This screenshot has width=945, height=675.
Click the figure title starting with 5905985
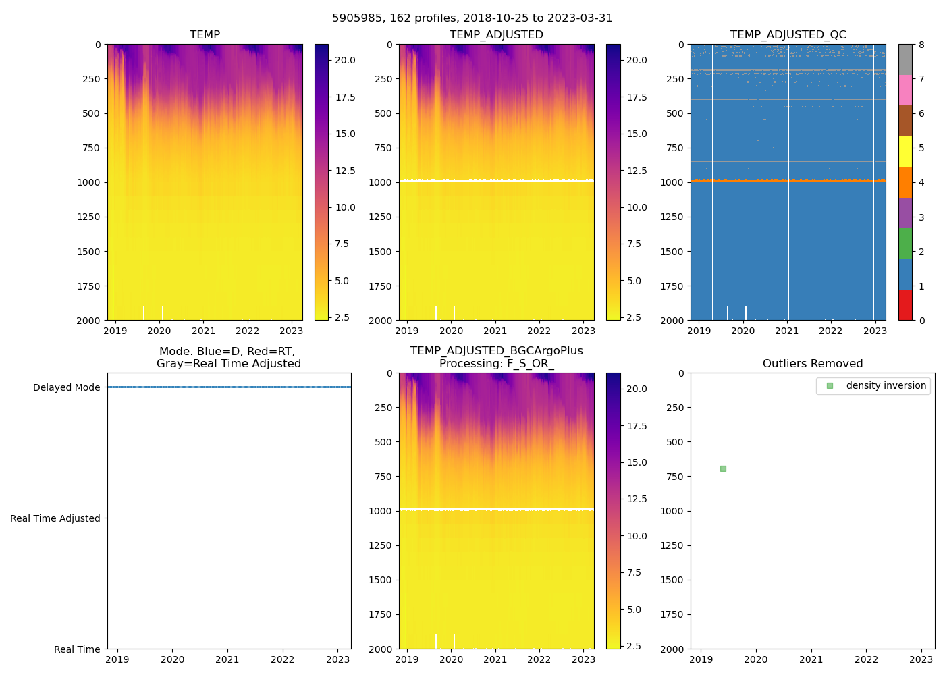[x=472, y=18]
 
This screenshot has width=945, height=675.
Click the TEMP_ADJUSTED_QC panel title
[x=788, y=35]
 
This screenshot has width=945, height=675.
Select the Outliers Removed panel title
[x=812, y=364]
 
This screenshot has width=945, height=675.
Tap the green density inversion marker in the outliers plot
[x=723, y=468]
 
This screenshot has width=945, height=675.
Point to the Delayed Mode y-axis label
[x=66, y=387]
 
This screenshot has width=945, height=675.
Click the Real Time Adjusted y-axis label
[x=55, y=518]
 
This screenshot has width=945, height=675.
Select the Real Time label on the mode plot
[x=77, y=649]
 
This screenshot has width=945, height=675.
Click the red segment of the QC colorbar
[x=905, y=305]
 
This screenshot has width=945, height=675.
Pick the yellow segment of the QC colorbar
[x=905, y=152]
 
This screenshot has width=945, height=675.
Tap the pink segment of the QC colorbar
[x=905, y=90]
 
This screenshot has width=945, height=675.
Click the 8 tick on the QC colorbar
[x=921, y=45]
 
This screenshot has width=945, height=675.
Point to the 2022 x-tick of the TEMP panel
[x=247, y=331]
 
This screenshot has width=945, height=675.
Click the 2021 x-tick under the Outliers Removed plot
[x=811, y=659]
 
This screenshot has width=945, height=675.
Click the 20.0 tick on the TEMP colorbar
[x=346, y=60]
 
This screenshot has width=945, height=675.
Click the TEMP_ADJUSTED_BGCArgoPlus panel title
[x=496, y=357]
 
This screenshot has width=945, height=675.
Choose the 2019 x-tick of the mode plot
[x=117, y=659]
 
